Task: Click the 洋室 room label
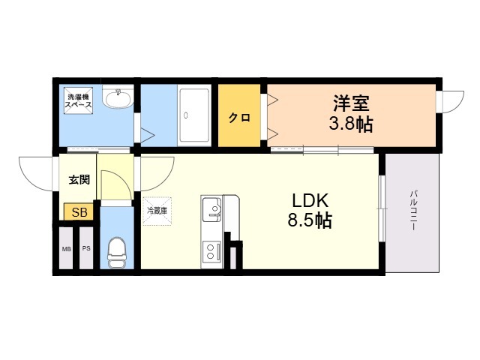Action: click(x=351, y=103)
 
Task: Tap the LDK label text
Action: click(x=310, y=202)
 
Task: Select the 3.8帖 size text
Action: click(x=351, y=124)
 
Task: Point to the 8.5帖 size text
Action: click(x=310, y=220)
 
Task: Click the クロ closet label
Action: click(x=240, y=118)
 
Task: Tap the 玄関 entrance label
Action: click(x=79, y=180)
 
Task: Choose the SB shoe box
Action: click(x=79, y=211)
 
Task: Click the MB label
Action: click(x=67, y=249)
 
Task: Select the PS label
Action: click(x=86, y=248)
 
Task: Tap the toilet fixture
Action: click(x=117, y=253)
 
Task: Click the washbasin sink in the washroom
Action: click(x=118, y=97)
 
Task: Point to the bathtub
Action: click(x=194, y=115)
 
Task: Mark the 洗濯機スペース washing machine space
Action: click(x=78, y=100)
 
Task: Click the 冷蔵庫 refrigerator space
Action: click(x=157, y=211)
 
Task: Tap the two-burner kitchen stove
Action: click(x=211, y=251)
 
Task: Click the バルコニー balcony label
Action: click(x=413, y=211)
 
